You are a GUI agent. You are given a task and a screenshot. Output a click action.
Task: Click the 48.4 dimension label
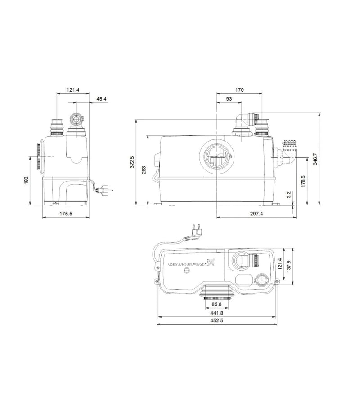pos(101,99)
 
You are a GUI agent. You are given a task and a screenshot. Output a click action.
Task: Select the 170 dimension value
pos(239,89)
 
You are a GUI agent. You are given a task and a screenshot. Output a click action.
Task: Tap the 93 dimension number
pos(229,99)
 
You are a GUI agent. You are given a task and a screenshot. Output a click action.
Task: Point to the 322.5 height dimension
pos(132,162)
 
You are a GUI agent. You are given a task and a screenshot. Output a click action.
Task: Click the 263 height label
pos(144,170)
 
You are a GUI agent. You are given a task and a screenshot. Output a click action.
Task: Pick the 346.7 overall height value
pos(315,159)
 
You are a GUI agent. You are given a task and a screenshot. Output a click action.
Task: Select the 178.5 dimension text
pos(303,181)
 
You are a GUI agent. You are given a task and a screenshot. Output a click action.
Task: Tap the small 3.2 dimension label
pos(289,195)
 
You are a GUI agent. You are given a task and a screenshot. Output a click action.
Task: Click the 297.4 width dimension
pos(256,214)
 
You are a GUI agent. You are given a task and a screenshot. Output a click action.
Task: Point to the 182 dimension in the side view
pos(26,180)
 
